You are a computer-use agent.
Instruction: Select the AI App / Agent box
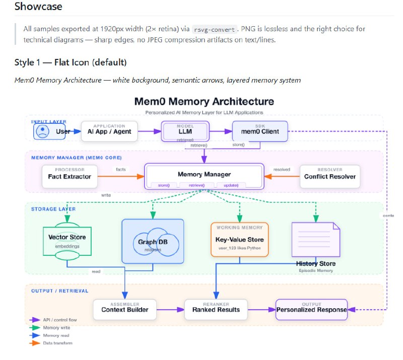(109, 131)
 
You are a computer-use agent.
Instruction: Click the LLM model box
(184, 131)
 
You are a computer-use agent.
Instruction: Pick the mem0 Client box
(259, 131)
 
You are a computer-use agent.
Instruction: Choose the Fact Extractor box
(70, 176)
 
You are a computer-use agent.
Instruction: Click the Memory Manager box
(204, 175)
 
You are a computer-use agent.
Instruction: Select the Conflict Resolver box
(329, 176)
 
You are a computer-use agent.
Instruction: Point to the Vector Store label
(67, 237)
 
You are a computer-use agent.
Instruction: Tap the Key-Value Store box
(239, 239)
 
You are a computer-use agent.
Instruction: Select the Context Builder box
(124, 309)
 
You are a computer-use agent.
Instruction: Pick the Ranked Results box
(216, 309)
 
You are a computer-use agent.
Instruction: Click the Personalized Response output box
(311, 309)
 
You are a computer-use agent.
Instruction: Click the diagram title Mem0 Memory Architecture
(204, 102)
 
